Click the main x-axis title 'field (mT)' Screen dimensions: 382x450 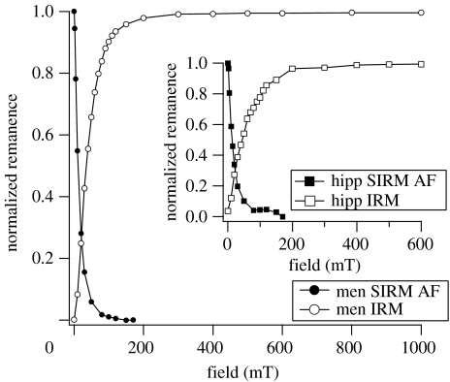coord(246,369)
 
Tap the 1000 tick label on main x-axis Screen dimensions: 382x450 coord(420,346)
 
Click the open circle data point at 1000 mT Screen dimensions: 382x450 coord(421,13)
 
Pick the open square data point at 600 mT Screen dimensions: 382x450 coord(420,64)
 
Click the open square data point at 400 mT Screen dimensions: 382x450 coord(356,65)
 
